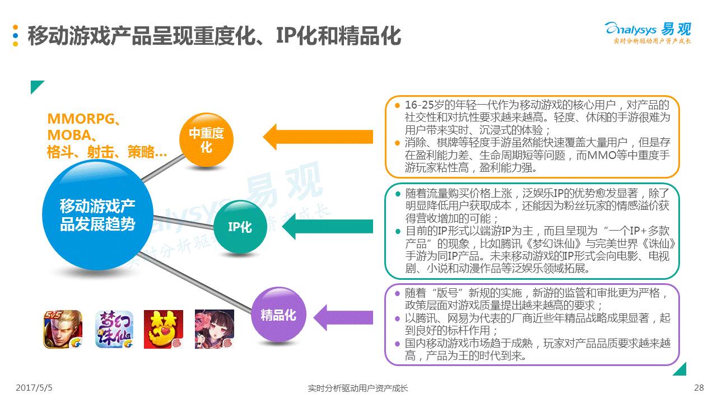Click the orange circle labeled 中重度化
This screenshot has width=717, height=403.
206,140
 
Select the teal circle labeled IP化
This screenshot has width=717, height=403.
240,227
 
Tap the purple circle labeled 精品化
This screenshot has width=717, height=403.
278,315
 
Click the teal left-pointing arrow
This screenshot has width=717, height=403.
327,227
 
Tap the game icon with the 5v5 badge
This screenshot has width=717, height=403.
63,329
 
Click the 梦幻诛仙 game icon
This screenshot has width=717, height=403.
114,329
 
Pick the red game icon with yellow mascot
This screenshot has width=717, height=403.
164,329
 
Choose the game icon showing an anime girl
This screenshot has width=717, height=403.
214,329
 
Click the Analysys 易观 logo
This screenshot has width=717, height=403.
648,32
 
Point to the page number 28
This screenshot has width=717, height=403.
698,388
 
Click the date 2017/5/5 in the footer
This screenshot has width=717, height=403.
38,388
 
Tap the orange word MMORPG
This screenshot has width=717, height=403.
81,119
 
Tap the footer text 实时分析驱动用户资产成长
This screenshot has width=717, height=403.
358,388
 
